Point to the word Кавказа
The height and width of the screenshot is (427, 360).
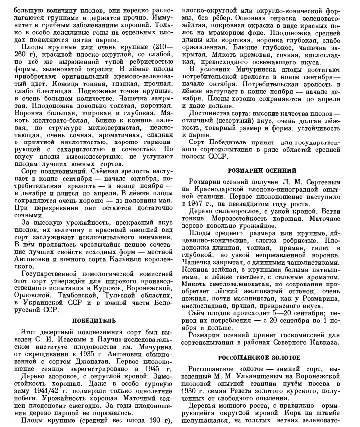[327, 342]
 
